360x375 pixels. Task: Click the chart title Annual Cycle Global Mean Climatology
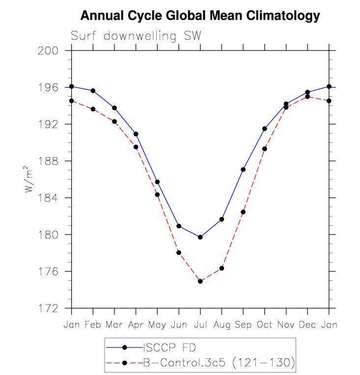pos(200,16)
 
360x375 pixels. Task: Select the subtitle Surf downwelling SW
pos(136,36)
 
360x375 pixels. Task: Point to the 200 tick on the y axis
pos(54,51)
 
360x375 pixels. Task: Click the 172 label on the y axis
pos(54,308)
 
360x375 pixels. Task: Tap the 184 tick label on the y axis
pos(54,198)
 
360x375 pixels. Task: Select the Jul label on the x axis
pos(200,325)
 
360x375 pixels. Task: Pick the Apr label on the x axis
pos(136,325)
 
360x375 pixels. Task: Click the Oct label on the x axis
pos(264,325)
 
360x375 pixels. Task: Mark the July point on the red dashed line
pos(200,281)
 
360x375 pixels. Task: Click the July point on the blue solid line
pos(200,237)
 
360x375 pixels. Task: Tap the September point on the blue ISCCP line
pos(243,169)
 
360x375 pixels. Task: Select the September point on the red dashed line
pos(243,212)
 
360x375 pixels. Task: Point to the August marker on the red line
pos(222,268)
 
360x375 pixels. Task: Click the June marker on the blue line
pos(179,226)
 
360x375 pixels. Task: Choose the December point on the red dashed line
pos(307,96)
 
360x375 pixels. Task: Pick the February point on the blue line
pos(93,91)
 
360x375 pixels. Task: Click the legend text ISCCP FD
pos(169,348)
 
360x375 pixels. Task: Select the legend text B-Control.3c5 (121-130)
pos(219,363)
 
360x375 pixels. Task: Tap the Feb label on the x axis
pos(93,325)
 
